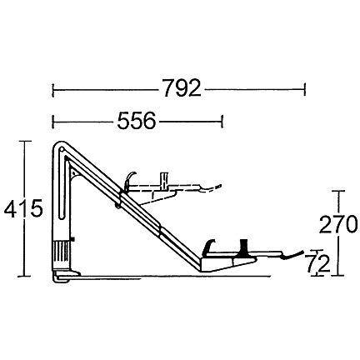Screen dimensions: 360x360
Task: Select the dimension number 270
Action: pos(336,224)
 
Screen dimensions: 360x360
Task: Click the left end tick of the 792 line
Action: pos(53,88)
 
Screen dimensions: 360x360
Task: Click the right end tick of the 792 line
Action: pos(305,88)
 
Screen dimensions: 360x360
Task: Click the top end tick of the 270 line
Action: pos(337,191)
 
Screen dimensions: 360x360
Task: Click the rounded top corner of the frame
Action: pos(59,149)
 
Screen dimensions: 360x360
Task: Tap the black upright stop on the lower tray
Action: pos(243,247)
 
